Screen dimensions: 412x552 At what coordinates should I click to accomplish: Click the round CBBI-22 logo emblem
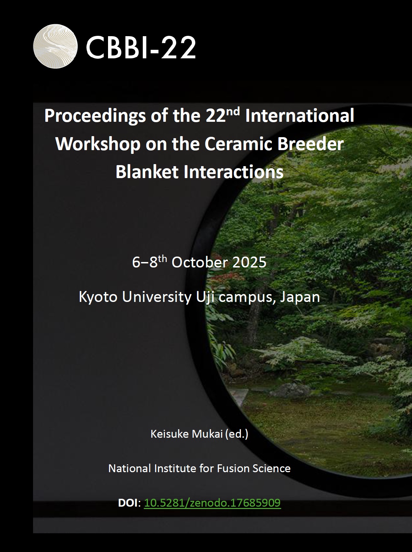tap(55, 46)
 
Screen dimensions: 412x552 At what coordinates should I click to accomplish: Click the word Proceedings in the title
tap(95, 116)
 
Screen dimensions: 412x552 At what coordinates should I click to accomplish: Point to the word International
tap(300, 116)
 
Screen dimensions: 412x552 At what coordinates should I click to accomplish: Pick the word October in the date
tap(199, 263)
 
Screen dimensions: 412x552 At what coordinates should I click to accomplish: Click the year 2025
tap(249, 263)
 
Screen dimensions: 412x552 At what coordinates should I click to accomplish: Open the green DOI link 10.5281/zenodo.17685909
tap(212, 503)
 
